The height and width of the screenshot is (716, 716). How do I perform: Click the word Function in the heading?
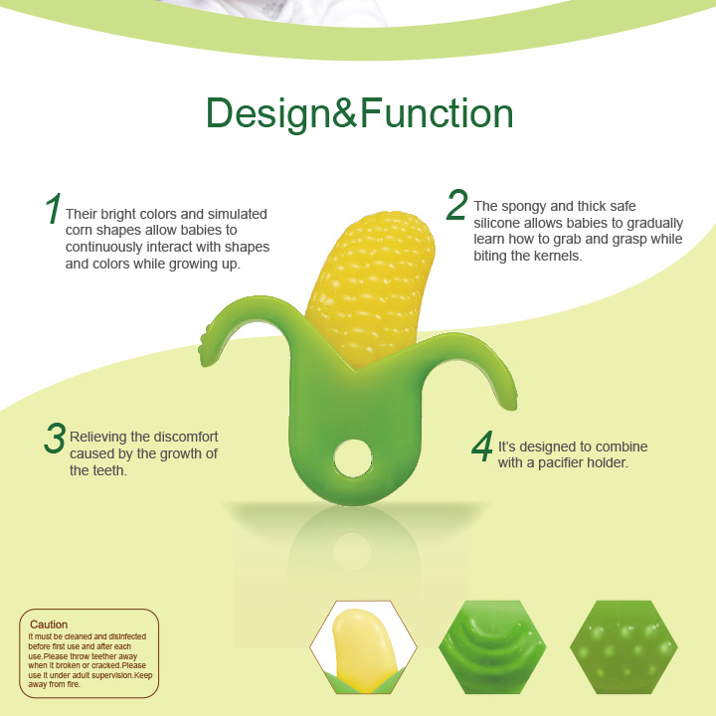(437, 114)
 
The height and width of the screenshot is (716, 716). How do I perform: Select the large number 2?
(456, 204)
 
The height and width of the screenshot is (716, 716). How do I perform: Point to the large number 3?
(55, 439)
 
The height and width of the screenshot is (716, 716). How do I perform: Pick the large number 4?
(482, 447)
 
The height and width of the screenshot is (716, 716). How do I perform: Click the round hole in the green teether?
(351, 457)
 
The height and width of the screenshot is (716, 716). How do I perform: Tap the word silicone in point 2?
(499, 223)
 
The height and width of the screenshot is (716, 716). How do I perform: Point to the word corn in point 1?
(81, 231)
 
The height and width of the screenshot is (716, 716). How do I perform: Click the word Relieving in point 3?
(100, 437)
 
